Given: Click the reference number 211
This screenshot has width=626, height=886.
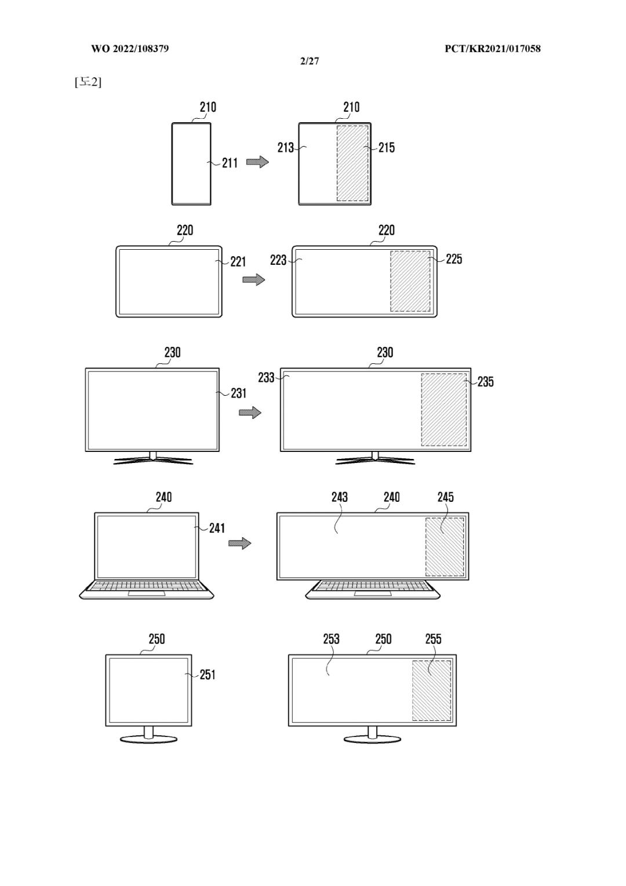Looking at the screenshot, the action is [230, 163].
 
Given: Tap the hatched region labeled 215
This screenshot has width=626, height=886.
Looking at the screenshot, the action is [352, 163].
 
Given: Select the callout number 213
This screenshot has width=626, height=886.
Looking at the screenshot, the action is [285, 148].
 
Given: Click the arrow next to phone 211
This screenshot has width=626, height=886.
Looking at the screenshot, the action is [257, 162].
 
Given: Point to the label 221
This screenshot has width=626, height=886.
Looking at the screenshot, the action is [238, 261].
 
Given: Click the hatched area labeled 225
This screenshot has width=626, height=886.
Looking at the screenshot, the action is [410, 281].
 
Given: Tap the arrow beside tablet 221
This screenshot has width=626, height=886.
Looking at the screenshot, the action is [254, 279].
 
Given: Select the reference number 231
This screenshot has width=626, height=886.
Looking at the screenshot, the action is [238, 393].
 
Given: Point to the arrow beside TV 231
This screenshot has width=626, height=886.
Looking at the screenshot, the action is [250, 413].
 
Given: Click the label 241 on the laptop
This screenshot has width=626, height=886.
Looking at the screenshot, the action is [217, 528].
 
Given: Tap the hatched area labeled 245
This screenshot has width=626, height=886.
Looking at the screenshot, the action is [445, 546].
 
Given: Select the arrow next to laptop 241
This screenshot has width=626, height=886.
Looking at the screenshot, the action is [240, 543].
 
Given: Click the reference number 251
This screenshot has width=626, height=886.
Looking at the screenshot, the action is [208, 674].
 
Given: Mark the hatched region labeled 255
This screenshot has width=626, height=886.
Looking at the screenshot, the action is [431, 690].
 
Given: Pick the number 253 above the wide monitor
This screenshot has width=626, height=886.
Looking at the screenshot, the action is [331, 639].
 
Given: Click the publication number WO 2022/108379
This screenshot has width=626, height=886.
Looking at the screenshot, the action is [130, 49].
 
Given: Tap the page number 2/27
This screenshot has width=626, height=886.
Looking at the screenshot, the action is [310, 61].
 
